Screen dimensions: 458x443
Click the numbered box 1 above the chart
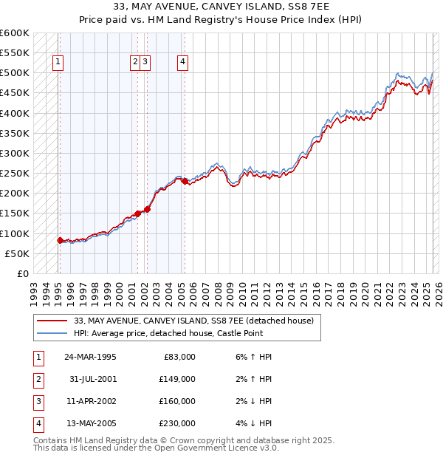coord(58,63)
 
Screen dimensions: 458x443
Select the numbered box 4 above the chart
coord(182,63)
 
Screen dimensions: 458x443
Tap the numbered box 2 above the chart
coord(136,63)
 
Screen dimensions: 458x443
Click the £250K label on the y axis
coord(15,174)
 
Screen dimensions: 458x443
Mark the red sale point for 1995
coord(60,240)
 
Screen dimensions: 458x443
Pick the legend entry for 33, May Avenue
coord(193,321)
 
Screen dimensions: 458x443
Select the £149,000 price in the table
coord(178,379)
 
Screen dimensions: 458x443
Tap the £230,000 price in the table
coord(178,423)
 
